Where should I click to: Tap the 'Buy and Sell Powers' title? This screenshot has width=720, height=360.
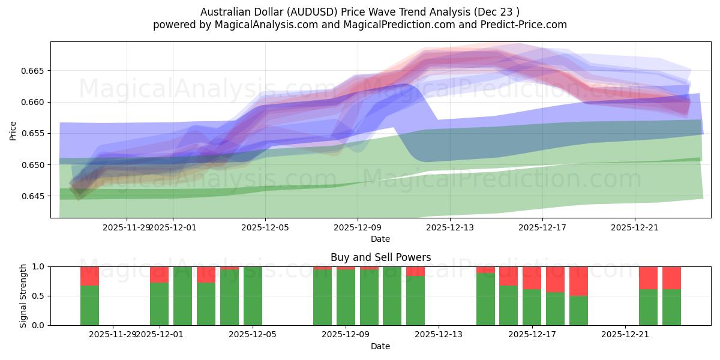pos(380,257)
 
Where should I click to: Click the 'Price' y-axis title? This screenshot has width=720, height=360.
pos(13,130)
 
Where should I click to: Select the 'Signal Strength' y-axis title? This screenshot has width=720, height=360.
pos(23,296)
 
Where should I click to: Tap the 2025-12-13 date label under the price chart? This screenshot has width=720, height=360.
pos(449,227)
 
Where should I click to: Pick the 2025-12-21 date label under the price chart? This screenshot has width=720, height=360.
pos(634,227)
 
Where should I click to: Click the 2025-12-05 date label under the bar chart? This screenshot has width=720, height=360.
pos(252,334)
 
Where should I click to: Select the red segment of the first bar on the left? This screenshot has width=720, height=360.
pos(89,276)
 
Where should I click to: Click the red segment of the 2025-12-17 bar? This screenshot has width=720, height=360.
pos(532,278)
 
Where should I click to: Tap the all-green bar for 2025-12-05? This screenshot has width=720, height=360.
pos(253,296)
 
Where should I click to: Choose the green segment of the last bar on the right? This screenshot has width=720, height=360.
pos(671,307)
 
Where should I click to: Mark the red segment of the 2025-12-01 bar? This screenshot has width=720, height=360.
pos(159,274)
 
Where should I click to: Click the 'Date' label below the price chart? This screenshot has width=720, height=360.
pos(380,239)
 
